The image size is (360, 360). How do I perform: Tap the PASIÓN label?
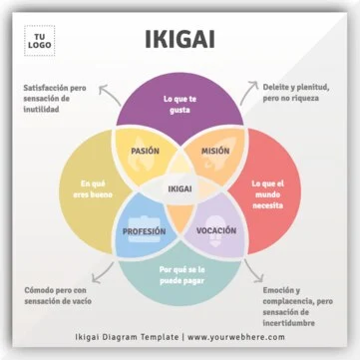[x=146, y=152]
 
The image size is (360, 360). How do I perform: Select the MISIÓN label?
[x=215, y=152]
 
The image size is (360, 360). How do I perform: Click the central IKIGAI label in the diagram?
[x=180, y=189]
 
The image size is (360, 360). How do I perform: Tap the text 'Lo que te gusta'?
[x=180, y=105]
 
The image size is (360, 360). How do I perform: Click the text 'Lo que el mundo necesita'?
[x=267, y=189]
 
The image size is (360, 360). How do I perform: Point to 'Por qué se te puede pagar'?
[x=180, y=275]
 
